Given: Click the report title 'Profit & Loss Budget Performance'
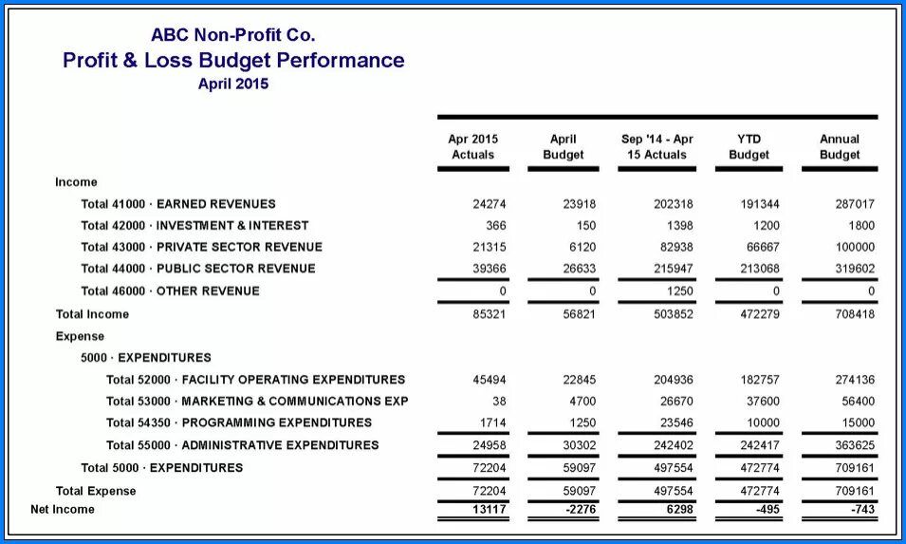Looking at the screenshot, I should point(233,61).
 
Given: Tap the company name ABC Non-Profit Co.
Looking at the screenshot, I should point(233,35).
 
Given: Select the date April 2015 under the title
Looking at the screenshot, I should point(233,84).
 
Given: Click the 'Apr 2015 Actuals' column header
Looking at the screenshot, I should point(472,146).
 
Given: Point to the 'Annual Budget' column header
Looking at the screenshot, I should point(840,146).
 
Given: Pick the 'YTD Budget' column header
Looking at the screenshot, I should point(749,146).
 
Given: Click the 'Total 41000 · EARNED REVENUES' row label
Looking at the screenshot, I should point(178,204).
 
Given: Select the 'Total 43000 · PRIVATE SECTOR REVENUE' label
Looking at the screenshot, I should point(201,247).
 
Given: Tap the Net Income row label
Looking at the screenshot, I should point(63,510).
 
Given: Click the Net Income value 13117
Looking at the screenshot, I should point(489,510).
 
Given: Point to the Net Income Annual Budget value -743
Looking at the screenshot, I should point(862,510).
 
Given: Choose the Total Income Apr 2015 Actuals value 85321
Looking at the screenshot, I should point(489,314).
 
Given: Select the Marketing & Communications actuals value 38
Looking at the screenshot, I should point(499,401).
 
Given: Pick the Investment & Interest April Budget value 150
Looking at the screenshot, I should point(585,226).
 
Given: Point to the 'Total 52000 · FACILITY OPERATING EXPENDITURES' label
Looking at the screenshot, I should point(255,380).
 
